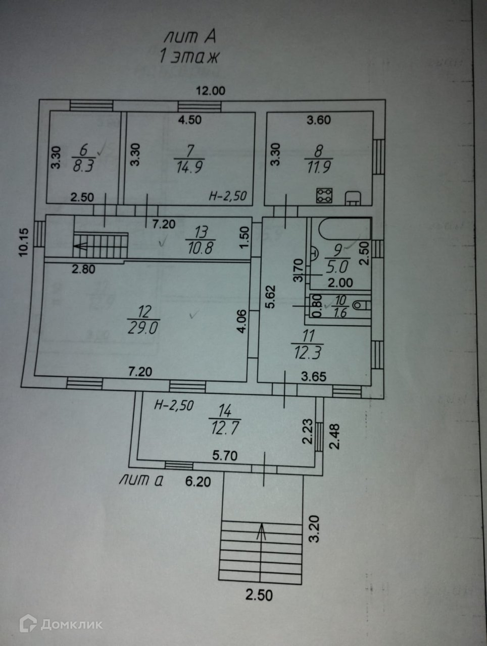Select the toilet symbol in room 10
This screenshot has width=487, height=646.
point(360,305)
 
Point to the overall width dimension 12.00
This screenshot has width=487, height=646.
point(210,91)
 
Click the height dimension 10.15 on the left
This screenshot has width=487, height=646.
point(24,243)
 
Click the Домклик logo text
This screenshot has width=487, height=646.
point(71,624)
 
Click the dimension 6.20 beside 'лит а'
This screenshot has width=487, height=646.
point(198,481)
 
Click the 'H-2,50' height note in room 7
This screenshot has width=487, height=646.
point(227,196)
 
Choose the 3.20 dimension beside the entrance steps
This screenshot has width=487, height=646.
point(315,528)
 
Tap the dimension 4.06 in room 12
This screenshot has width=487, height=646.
point(242,321)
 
